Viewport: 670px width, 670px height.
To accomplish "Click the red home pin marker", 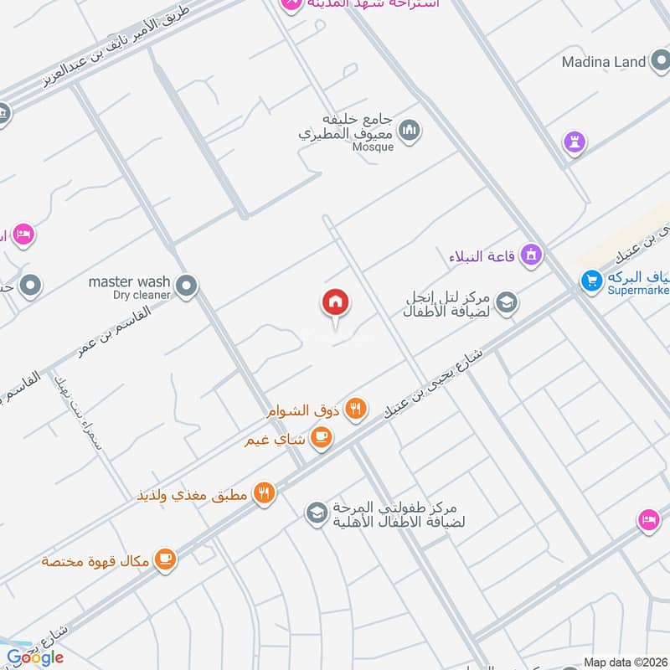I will point(336,302).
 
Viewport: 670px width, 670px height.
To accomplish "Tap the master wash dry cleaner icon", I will point(188,286).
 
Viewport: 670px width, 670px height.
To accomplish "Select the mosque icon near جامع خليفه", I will point(410,130).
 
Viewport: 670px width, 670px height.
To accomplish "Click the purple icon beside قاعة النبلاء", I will point(530,254).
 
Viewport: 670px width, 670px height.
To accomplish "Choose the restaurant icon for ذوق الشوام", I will point(356,409).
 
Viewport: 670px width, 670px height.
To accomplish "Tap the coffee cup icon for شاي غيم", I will point(321,436).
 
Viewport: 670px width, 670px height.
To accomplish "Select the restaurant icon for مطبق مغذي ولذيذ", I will point(265,493).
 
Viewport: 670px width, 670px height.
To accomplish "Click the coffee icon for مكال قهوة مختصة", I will point(166,559).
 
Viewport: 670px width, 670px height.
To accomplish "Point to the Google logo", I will point(35,657).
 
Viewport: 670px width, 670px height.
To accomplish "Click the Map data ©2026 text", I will point(625,662).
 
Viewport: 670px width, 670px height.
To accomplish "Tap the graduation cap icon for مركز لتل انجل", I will point(506,302).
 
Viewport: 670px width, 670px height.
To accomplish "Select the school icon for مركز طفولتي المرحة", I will point(316,511).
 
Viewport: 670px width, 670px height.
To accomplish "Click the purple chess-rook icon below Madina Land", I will point(575,141).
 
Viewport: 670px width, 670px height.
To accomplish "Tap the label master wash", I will point(129,281).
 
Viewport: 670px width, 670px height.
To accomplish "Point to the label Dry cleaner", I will point(142,295).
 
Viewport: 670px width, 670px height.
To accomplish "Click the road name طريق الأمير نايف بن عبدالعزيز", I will point(117,49).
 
